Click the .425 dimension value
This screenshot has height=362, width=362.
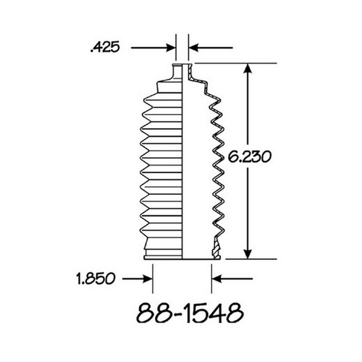pyautogui.click(x=105, y=47)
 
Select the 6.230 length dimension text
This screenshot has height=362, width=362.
pyautogui.click(x=249, y=157)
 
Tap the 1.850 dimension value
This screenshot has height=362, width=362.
pyautogui.click(x=95, y=279)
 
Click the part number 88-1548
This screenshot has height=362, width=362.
pyautogui.click(x=190, y=313)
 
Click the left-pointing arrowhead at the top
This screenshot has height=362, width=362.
pyautogui.click(x=193, y=48)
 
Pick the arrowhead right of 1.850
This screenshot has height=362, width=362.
pyautogui.click(x=148, y=279)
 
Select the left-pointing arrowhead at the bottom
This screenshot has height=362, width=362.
pyautogui.click(x=216, y=279)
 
